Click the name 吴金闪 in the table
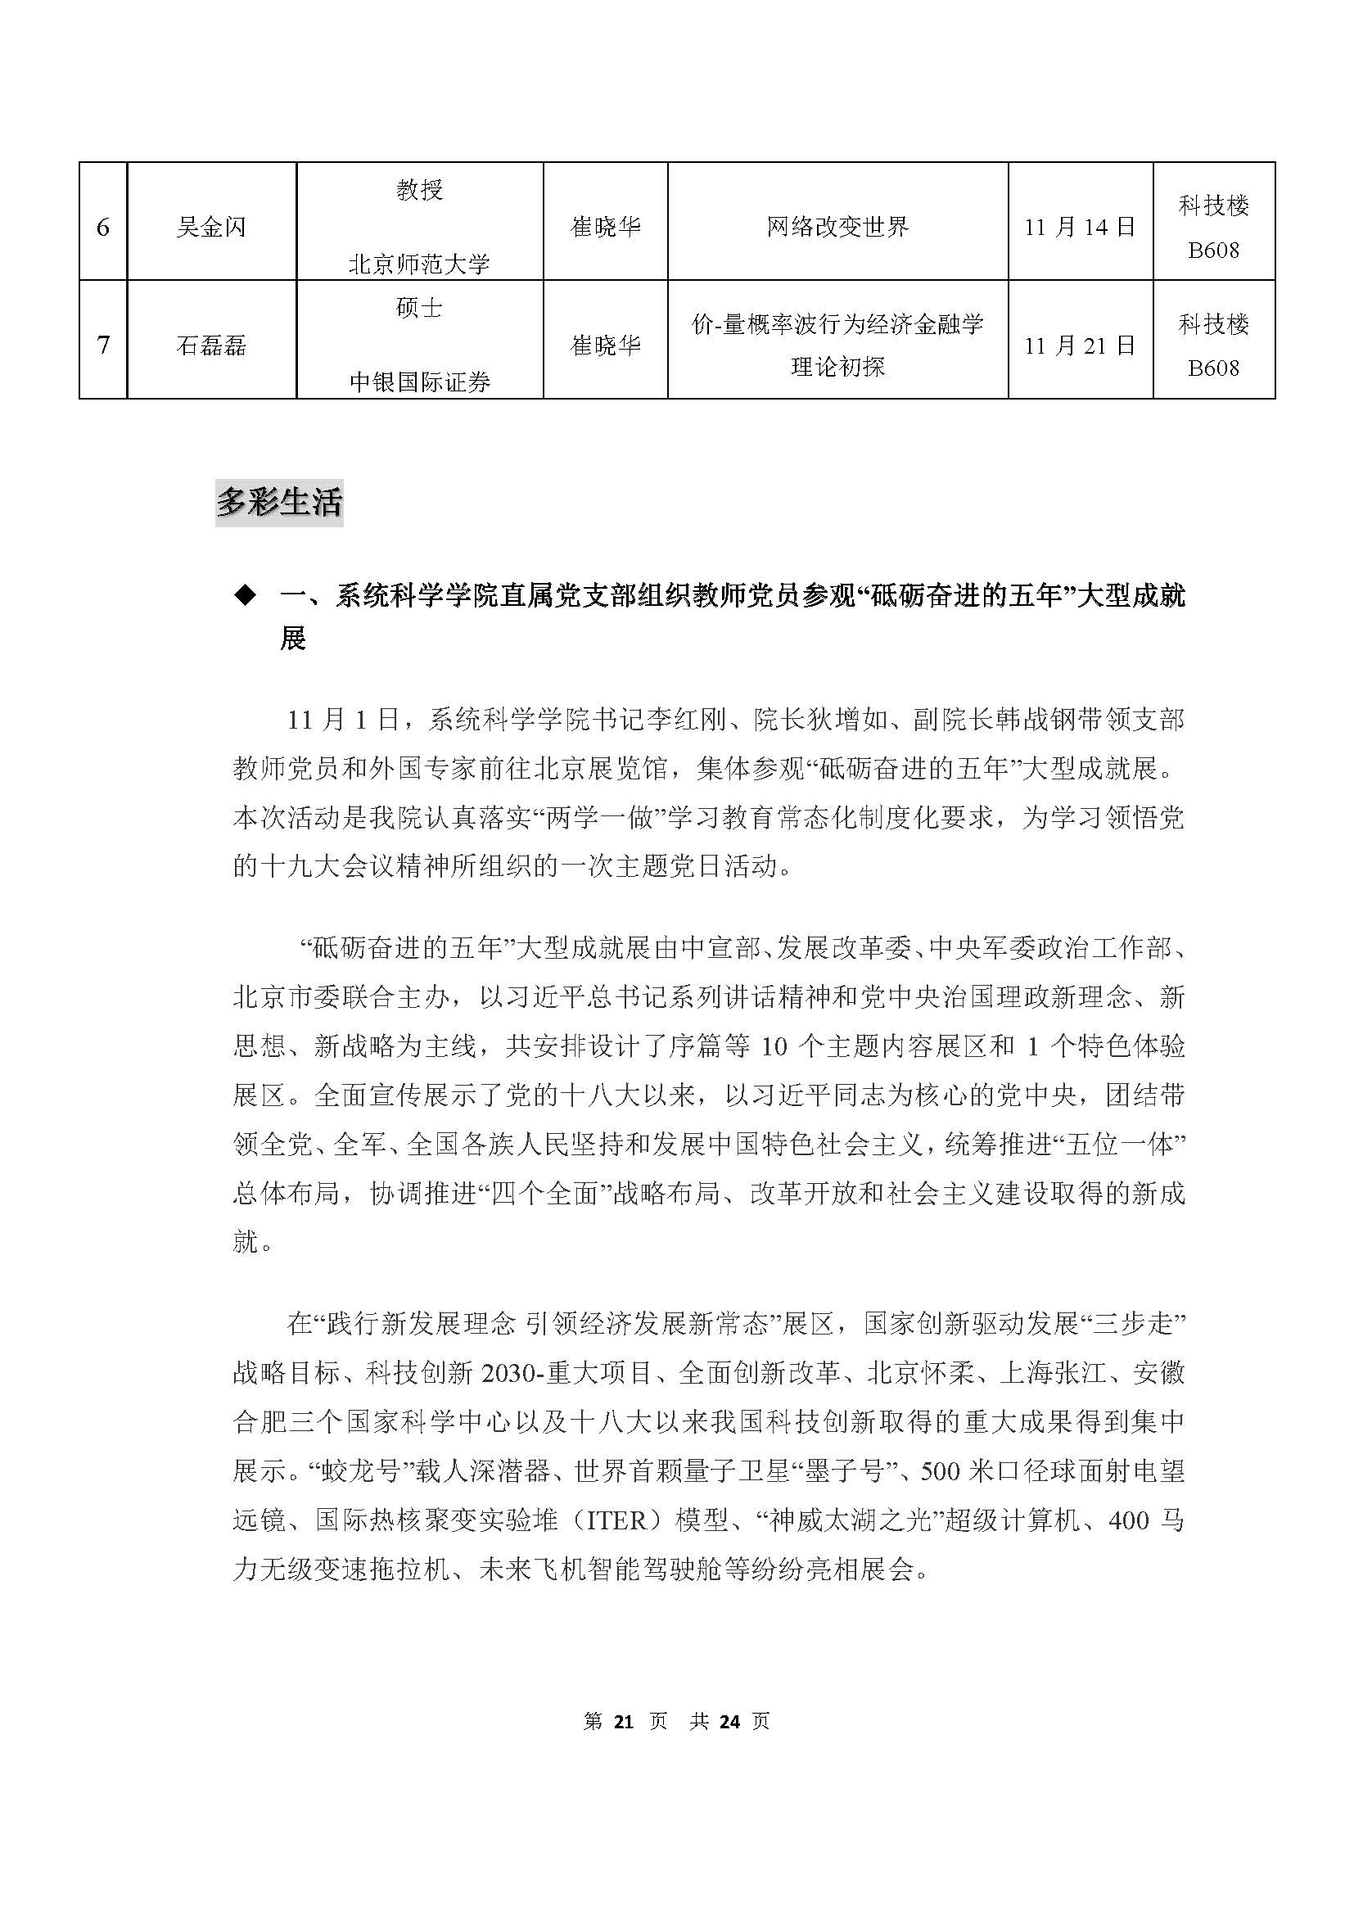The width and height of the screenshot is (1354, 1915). point(211,228)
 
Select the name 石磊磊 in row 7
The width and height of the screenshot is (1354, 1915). point(211,346)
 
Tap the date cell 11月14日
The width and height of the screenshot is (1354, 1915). point(1080,228)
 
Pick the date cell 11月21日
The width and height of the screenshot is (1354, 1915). point(1080,346)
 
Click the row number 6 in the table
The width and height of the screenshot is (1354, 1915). point(102,228)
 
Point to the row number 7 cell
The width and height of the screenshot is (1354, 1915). point(102,346)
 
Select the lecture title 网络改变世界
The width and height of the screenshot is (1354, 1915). point(837,228)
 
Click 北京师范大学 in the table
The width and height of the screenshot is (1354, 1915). point(419,265)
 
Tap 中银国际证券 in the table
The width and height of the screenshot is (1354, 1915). point(419,383)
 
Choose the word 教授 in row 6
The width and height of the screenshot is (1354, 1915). point(419,191)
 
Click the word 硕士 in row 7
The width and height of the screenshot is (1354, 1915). point(419,309)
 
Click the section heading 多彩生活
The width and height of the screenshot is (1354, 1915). point(279,503)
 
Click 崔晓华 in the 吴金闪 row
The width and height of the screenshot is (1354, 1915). point(605,228)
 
